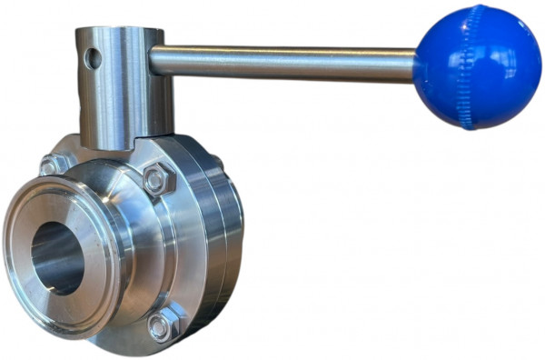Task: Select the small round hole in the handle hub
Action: pyautogui.click(x=93, y=59)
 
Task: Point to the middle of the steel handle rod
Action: pyautogui.click(x=282, y=61)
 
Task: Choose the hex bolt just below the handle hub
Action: pyautogui.click(x=155, y=179)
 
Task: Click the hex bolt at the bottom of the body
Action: pyautogui.click(x=161, y=326)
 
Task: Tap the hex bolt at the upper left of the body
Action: pyautogui.click(x=49, y=166)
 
